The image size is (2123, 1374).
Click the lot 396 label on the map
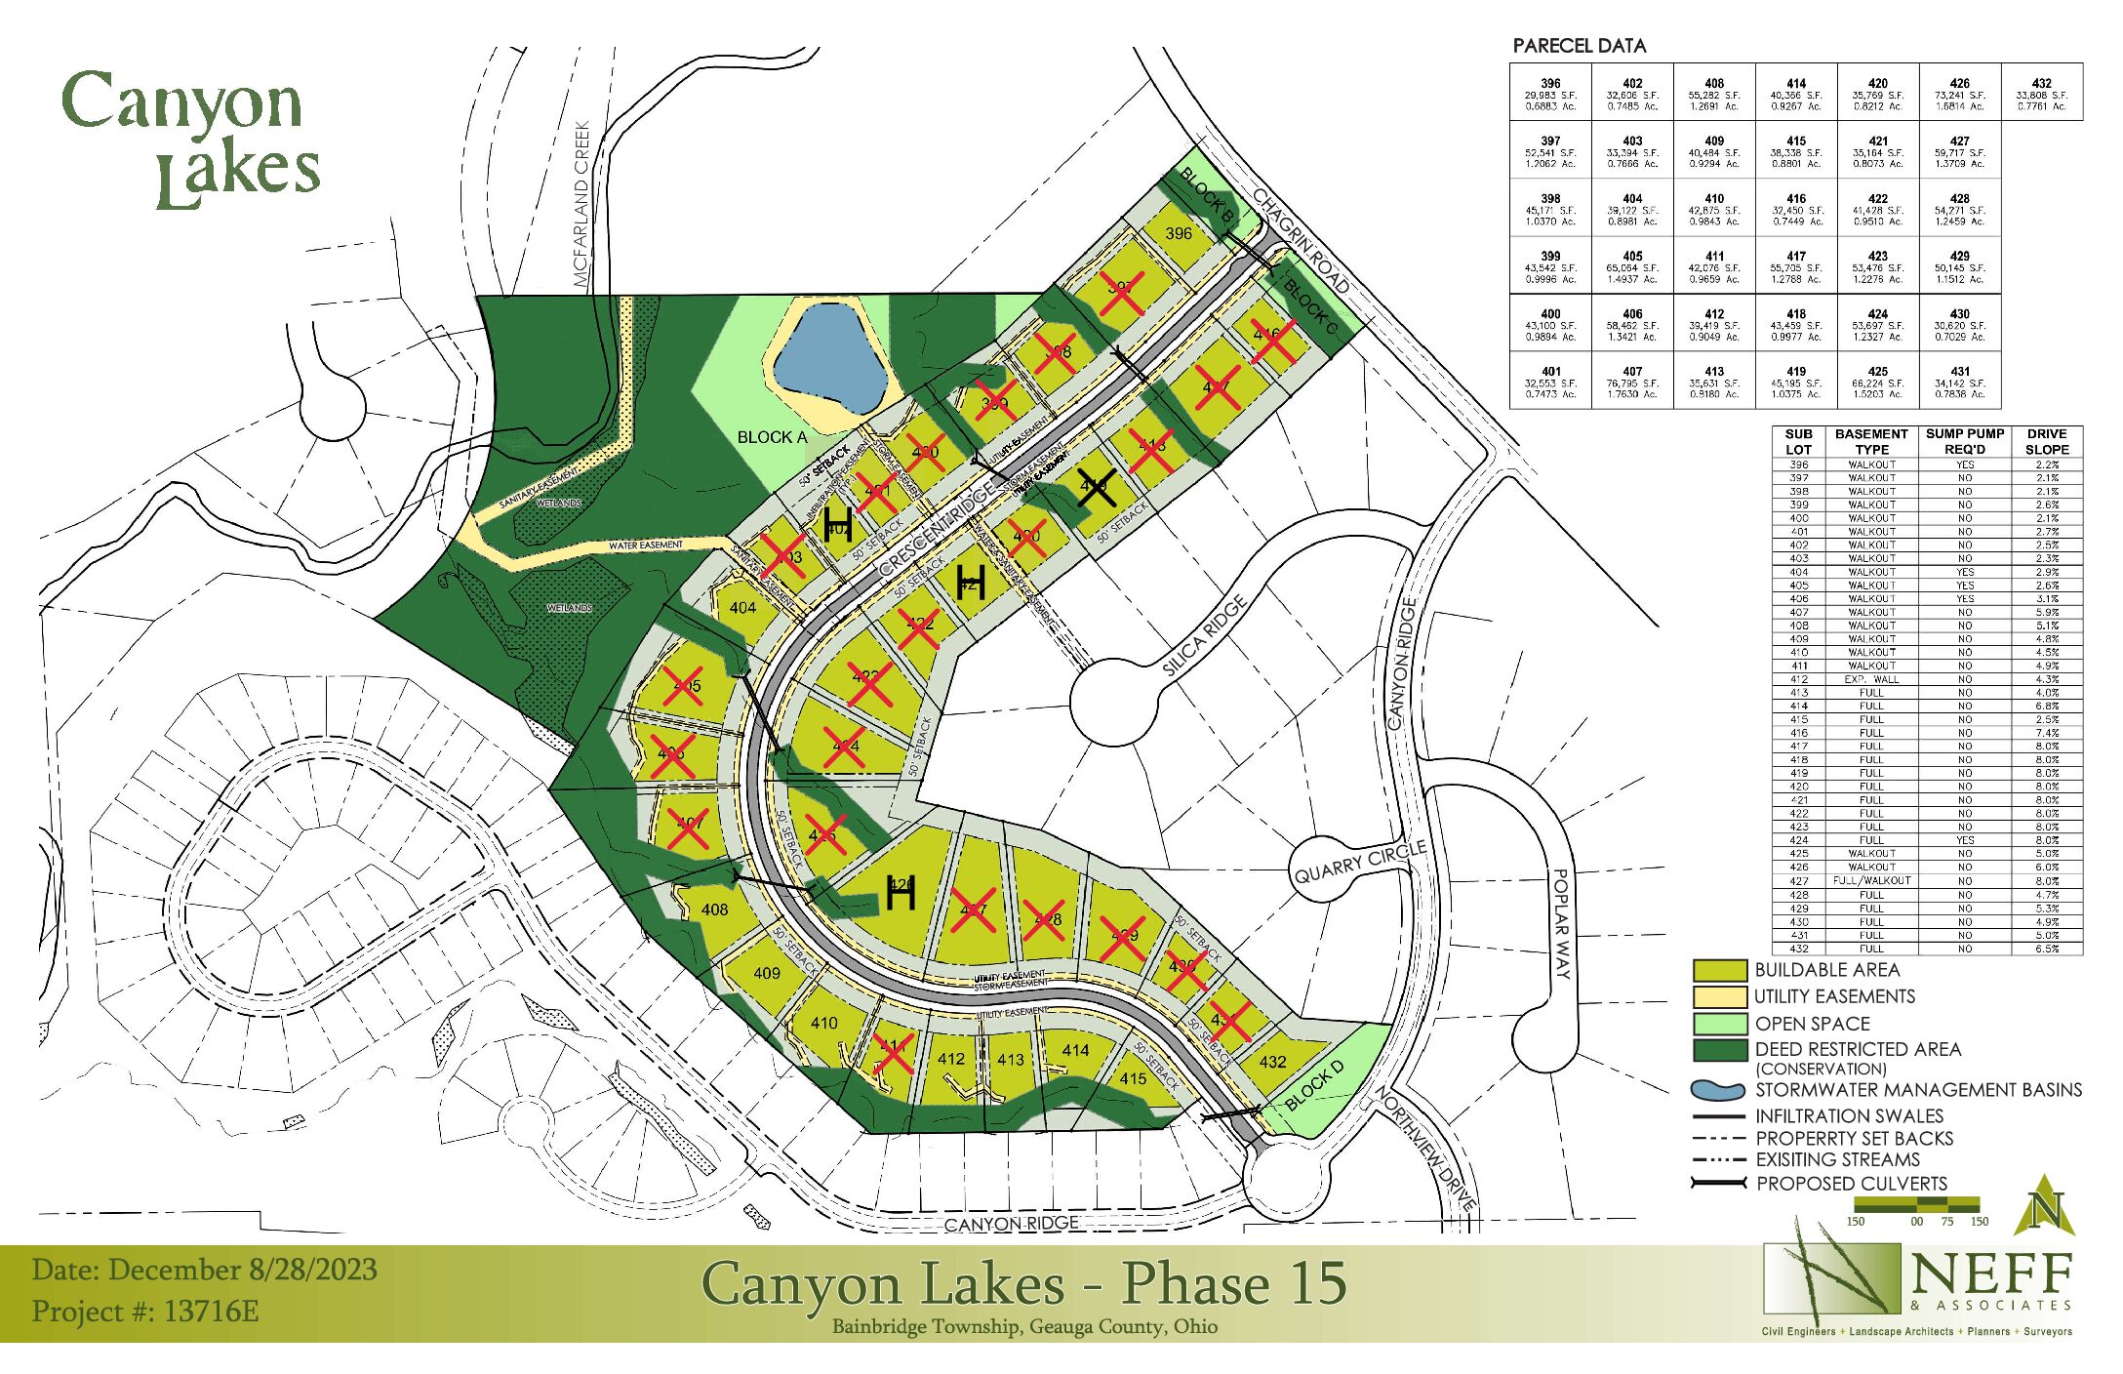pos(1179,233)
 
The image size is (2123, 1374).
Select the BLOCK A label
pos(772,437)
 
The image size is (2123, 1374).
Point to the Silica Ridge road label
pos(1205,635)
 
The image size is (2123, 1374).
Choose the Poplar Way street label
pos(1562,923)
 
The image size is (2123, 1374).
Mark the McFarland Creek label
pos(582,204)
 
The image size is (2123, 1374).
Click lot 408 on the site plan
pos(714,909)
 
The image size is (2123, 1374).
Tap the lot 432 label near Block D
pos(1273,1062)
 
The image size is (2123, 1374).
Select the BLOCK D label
pos(1314,1085)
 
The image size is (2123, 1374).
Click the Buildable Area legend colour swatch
pos(1719,970)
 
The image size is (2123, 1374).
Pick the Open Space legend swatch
pos(1719,1024)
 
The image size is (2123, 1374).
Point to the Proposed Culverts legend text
pos(1851,1184)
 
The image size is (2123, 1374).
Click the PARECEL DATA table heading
pos(1579,46)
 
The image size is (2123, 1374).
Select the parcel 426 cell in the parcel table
pos(1959,93)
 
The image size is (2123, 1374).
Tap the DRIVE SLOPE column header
pos(2046,441)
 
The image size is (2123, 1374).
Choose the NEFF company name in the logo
pos(1991,1274)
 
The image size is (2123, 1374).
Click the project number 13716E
pos(211,1311)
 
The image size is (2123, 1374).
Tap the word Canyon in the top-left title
pos(181,103)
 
